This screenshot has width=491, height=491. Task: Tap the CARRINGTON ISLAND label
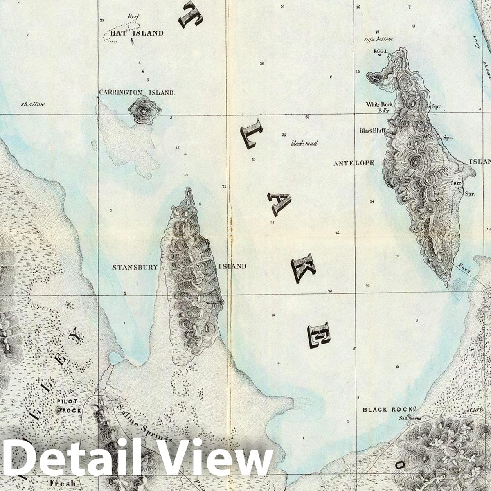(x=136, y=93)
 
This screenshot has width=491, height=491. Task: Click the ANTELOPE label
(x=354, y=163)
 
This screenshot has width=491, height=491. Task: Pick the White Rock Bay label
(x=379, y=107)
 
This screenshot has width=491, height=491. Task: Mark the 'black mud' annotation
(x=304, y=144)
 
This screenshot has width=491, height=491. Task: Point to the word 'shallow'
(x=33, y=104)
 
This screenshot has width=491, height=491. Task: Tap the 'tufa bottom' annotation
(x=378, y=39)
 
